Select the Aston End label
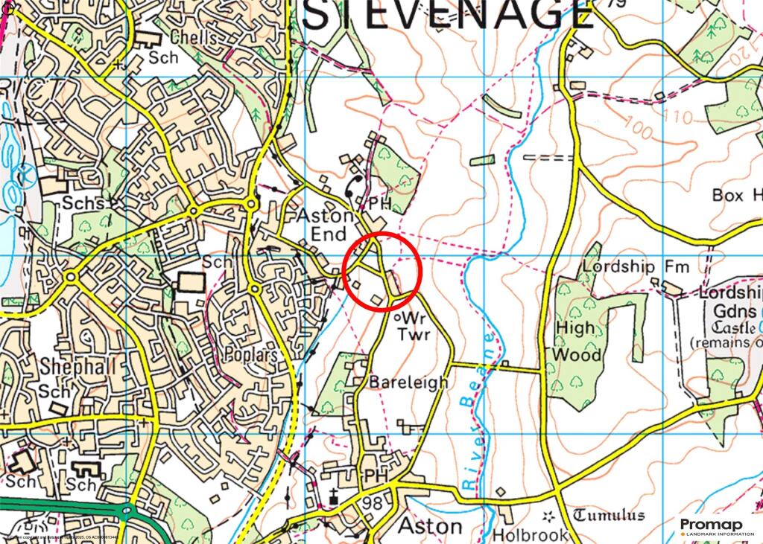point(324,225)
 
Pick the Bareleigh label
point(409,383)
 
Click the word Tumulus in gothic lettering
point(610,516)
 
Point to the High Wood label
point(577,341)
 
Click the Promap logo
point(711,526)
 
